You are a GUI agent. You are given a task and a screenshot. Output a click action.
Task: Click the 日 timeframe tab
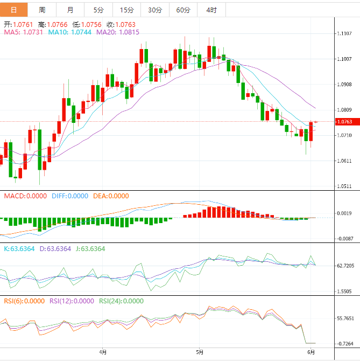[x=13, y=10]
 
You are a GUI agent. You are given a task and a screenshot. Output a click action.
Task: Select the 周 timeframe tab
[x=42, y=10]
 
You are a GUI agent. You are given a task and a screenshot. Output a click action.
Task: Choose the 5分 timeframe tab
[x=98, y=10]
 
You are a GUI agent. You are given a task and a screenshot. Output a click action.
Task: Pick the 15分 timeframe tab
[x=127, y=10]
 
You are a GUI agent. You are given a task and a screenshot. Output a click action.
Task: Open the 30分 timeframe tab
[x=155, y=10]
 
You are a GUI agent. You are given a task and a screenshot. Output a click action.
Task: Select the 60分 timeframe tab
[x=183, y=10]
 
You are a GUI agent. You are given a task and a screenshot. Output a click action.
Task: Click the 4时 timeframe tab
[x=211, y=10]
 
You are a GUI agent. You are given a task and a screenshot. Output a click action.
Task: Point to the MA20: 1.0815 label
[x=118, y=32]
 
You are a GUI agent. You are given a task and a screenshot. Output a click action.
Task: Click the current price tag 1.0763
[x=344, y=122]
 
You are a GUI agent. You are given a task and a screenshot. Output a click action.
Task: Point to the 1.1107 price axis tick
[x=344, y=34]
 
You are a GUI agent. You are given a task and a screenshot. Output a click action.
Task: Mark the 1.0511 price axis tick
[x=344, y=187]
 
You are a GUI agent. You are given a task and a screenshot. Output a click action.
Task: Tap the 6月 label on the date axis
[x=312, y=352]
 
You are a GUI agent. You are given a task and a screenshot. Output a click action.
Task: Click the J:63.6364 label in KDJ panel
[x=89, y=249]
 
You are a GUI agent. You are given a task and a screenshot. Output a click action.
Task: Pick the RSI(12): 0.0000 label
[x=71, y=301]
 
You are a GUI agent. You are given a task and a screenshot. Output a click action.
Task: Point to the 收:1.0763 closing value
[x=121, y=24]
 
